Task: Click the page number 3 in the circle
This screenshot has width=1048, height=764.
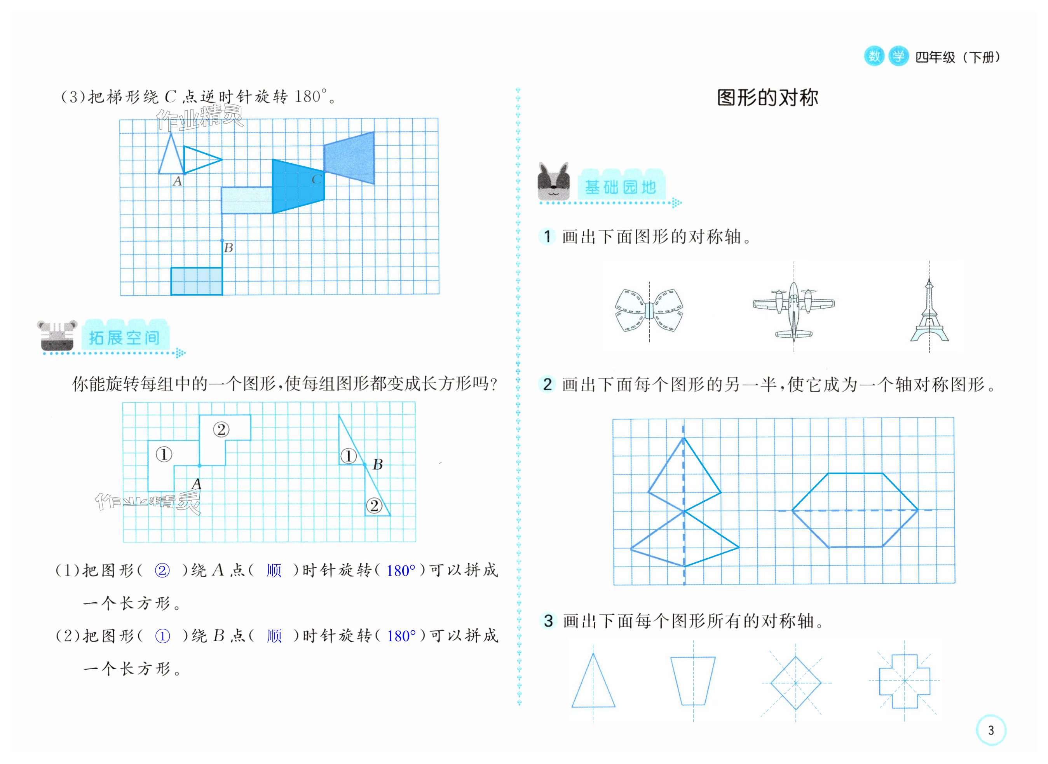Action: point(990,730)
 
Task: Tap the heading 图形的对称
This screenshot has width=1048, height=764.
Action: point(767,98)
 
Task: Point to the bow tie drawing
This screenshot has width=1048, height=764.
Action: point(649,310)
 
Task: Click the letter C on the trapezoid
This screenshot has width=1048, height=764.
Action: point(316,180)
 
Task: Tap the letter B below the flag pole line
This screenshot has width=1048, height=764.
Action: point(228,248)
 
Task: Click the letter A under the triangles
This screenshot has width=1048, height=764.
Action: point(177,182)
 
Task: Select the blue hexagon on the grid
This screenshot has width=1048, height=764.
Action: point(854,510)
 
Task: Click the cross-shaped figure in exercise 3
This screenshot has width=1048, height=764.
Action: point(904,680)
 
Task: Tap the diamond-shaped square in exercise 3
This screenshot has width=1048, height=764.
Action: point(795,683)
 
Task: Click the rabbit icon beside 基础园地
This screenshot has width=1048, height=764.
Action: point(554,182)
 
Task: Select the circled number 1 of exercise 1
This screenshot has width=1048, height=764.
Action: point(547,237)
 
